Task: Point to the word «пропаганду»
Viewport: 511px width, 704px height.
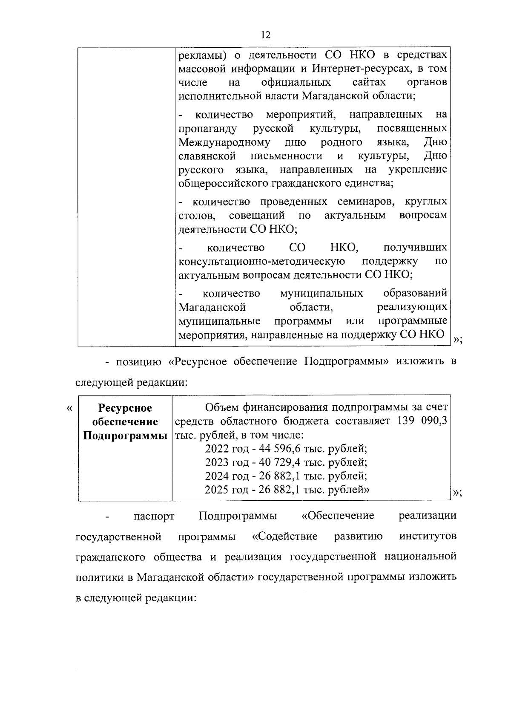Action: click(207, 128)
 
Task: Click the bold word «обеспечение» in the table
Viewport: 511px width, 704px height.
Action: click(125, 422)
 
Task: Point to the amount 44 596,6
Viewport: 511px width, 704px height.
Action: click(278, 448)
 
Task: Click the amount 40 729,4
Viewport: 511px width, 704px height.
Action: click(278, 462)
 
